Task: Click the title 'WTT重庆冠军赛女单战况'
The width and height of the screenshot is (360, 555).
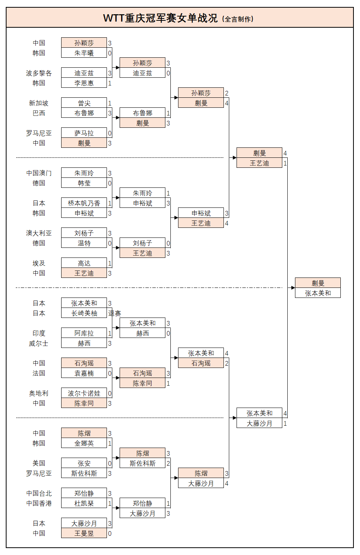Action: click(x=160, y=18)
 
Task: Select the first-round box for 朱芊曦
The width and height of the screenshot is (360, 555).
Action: click(x=84, y=53)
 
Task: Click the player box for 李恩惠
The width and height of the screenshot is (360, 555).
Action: click(x=84, y=83)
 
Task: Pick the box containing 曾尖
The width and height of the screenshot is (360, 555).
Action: click(x=84, y=103)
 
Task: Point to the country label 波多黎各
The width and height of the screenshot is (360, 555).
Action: click(x=38, y=73)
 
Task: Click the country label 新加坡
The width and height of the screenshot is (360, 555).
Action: click(x=38, y=103)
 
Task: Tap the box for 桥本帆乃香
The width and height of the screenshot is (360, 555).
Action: click(x=84, y=203)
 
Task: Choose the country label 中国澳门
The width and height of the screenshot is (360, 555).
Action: click(x=38, y=173)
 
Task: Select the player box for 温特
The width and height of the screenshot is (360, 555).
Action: click(x=84, y=243)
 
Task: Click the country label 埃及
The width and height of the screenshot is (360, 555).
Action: click(x=38, y=263)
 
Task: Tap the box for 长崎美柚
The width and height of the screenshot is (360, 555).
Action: click(x=84, y=313)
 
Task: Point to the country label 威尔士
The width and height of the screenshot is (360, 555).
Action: click(x=38, y=343)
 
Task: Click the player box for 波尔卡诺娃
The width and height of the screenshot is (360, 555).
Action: click(x=84, y=393)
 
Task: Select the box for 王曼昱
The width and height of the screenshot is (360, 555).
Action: click(x=84, y=533)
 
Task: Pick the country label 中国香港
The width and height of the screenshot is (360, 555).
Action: click(x=38, y=503)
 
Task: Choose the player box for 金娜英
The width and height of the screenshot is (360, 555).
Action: click(x=84, y=443)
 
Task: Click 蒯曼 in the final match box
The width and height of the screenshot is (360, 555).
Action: click(x=318, y=283)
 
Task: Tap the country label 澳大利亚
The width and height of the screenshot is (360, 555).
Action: click(x=38, y=233)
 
